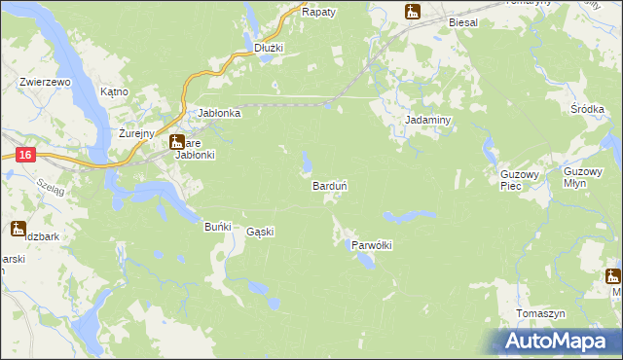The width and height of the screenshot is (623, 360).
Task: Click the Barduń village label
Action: click(330, 185)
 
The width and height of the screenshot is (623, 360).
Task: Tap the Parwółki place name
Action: click(371, 245)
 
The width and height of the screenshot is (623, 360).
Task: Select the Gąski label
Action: click(260, 232)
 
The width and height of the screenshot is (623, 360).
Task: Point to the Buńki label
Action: click(217, 227)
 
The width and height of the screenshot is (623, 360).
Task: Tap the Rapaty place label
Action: click(318, 12)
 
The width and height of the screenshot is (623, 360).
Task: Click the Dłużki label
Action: click(268, 47)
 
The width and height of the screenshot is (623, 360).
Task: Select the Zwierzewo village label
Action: click(46, 83)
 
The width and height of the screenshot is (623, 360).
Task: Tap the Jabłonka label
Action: click(219, 113)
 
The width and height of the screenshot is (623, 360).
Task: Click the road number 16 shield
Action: click(25, 155)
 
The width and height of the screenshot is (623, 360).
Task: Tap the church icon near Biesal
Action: click(413, 12)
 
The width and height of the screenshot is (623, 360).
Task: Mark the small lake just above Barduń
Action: click(307, 160)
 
